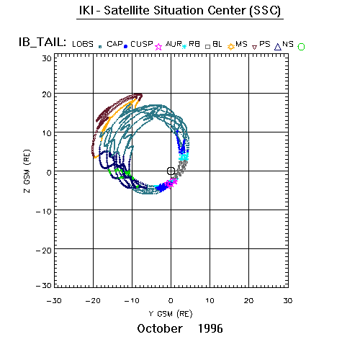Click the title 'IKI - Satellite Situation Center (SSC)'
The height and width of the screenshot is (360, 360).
coord(180,11)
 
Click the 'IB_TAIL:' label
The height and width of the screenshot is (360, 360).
coord(42,42)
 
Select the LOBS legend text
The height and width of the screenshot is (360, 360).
coord(83,44)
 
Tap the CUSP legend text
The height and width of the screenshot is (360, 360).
coord(142,44)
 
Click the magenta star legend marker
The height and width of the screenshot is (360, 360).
coord(158,47)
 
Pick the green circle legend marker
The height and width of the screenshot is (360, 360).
coord(301,47)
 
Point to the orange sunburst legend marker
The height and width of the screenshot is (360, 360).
coord(231,47)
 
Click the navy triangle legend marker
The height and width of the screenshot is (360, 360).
coord(278,47)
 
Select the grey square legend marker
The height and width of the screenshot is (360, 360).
coord(208,47)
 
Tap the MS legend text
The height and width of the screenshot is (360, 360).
coord(241,44)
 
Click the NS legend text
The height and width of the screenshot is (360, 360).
coord(288,44)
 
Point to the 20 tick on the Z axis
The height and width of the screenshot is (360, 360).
coord(47,94)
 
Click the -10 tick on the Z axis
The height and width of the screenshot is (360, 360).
coord(44,212)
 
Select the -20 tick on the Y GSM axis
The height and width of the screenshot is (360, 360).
coord(93,301)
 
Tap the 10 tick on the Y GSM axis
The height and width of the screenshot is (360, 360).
coord(210,301)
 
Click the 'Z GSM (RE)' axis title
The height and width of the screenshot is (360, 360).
coord(27,171)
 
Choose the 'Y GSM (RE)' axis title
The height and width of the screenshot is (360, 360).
coord(171,314)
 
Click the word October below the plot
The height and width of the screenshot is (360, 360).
coord(160,328)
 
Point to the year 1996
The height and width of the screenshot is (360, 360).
coord(210,328)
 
